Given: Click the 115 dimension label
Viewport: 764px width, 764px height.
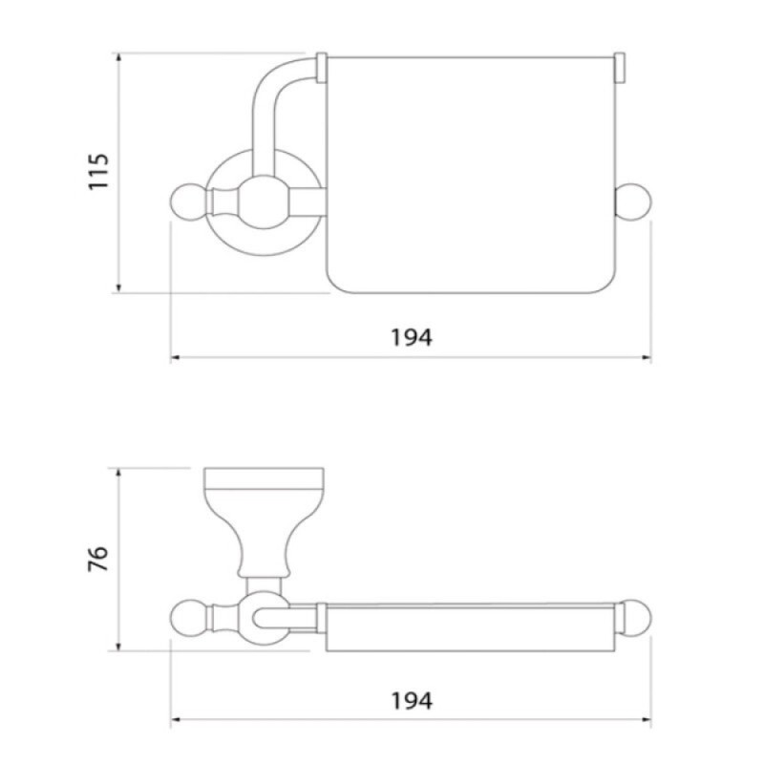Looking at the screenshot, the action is pos(98,172).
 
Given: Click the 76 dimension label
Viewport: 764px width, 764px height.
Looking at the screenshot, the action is pos(98,559).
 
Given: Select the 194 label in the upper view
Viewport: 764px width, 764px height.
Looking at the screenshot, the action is pos(412,337).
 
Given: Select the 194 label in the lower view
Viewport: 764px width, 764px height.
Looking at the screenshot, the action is pos(412,701).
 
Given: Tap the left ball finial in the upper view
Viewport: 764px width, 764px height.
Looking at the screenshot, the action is pos(189,202).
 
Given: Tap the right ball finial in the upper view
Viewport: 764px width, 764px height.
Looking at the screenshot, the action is pos(633,202).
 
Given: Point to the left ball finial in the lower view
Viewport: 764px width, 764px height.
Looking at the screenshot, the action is pos(189,618).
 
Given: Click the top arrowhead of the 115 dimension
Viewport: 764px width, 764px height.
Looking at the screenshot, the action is pos(118,57).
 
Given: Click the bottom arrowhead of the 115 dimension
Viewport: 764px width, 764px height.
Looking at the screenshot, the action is pos(118,288).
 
